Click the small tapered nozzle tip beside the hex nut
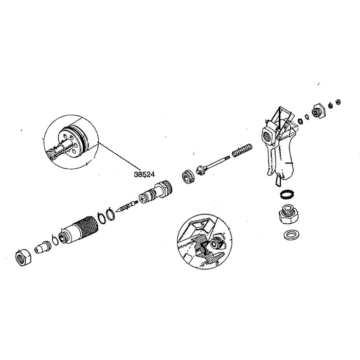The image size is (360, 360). pyautogui.click(x=41, y=247)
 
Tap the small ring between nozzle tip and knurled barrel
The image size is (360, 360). pyautogui.click(x=55, y=240)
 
